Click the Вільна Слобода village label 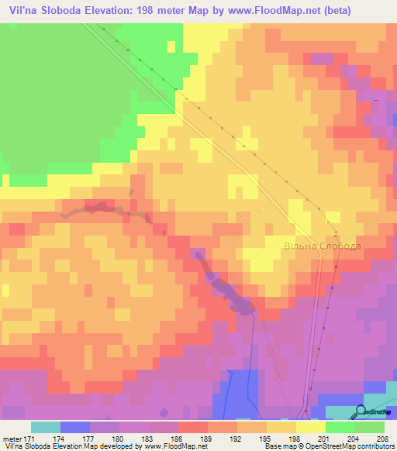click(322, 246)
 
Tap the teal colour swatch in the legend click(46, 427)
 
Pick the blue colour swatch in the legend click(75, 427)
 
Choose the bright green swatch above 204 click(340, 427)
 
